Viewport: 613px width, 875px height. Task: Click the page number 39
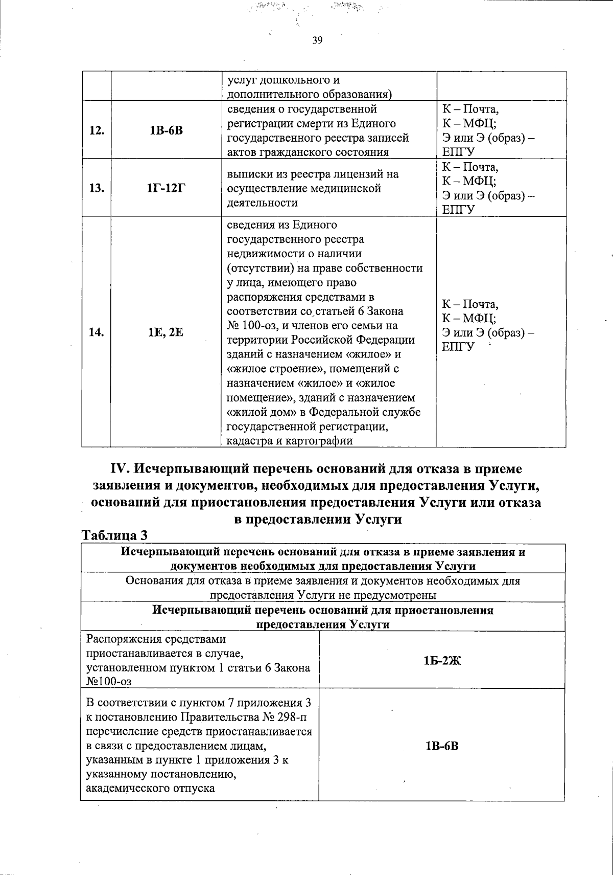(x=317, y=41)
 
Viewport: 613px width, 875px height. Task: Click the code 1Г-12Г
(x=166, y=188)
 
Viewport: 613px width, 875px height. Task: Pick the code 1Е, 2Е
(x=166, y=332)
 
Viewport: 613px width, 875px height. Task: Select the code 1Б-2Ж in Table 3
(x=442, y=660)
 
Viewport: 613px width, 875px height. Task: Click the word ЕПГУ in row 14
(x=458, y=347)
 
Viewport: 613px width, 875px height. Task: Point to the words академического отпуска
(x=150, y=788)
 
